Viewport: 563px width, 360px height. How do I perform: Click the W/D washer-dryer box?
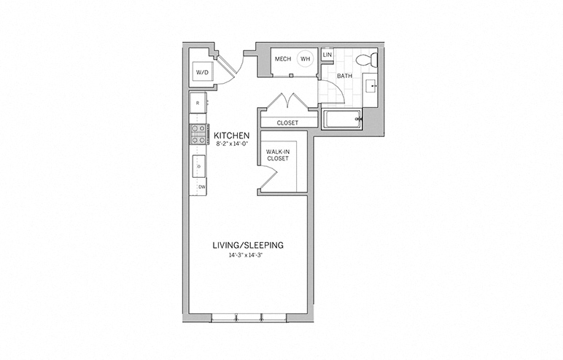(202, 72)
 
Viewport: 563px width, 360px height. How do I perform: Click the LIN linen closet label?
(327, 55)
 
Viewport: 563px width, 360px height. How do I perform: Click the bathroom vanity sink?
(371, 87)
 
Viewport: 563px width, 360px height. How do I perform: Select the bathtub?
(342, 119)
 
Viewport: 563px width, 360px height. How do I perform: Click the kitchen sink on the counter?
(198, 166)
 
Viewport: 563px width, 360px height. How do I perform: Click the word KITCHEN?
(232, 136)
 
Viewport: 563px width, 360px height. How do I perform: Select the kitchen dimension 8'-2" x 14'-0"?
(233, 144)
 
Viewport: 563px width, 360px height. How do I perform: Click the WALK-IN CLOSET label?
(276, 154)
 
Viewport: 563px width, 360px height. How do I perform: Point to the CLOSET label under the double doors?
(287, 123)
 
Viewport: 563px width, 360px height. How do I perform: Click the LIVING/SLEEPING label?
(248, 245)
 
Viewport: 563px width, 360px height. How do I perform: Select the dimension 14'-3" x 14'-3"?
(248, 256)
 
